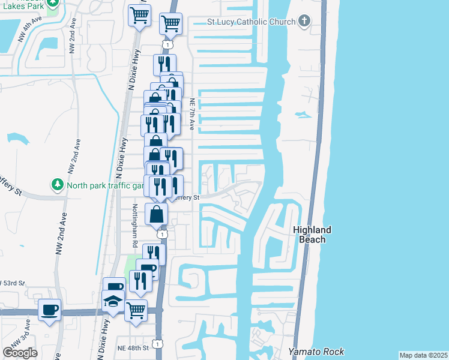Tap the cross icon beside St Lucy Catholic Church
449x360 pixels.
(304, 22)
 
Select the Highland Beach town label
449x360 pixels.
(312, 235)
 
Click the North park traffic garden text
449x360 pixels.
(106, 185)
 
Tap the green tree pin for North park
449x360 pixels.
(57, 184)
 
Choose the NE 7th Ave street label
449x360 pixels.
(192, 115)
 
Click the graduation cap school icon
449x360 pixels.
(113, 301)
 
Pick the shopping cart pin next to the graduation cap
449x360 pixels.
(136, 310)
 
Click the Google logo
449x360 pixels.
(20, 353)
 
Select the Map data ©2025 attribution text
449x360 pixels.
(423, 355)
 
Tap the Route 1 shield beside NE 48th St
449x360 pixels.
(157, 344)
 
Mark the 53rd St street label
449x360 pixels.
(13, 282)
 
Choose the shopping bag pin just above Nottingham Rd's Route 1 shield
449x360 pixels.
(157, 214)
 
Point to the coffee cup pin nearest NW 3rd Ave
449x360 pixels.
(49, 310)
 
